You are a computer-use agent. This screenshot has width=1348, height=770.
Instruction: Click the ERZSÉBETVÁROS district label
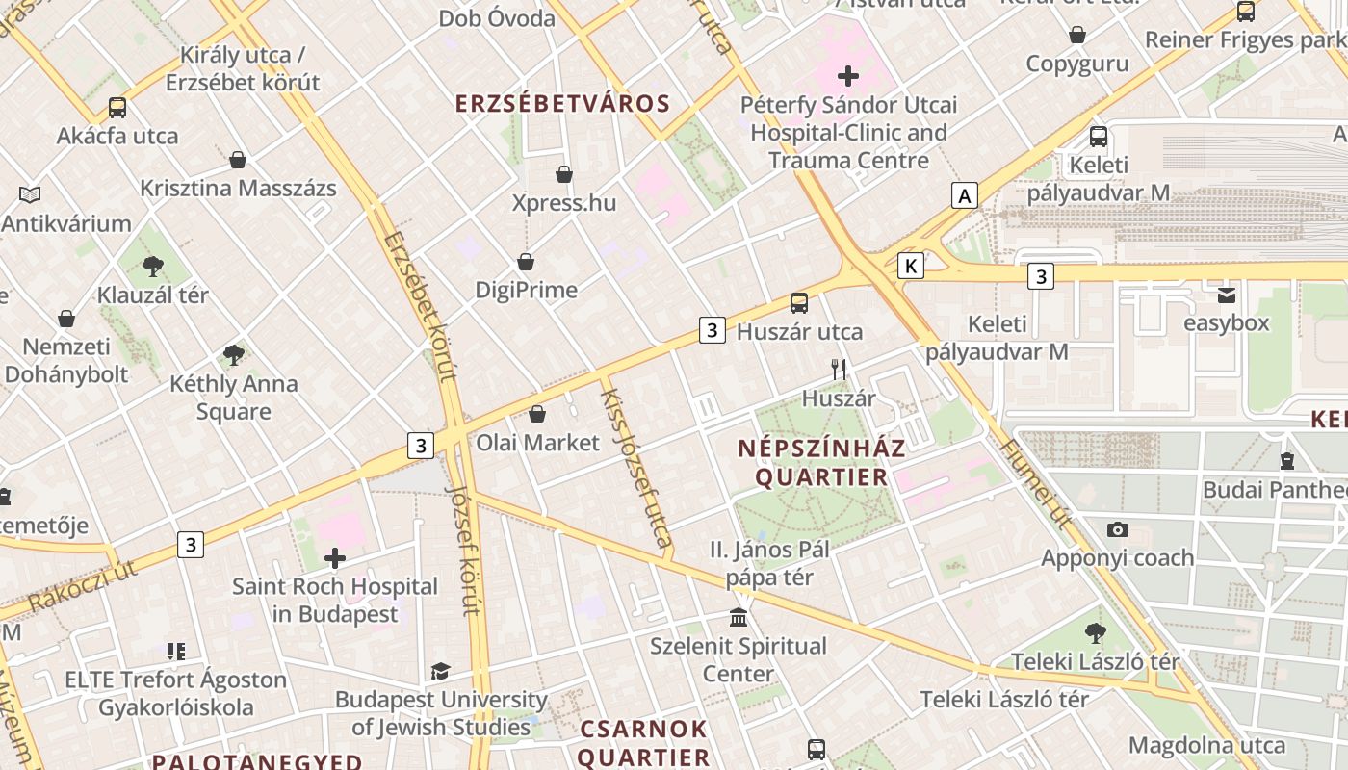click(x=561, y=104)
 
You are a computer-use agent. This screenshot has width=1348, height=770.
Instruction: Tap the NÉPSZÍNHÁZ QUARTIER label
click(x=821, y=462)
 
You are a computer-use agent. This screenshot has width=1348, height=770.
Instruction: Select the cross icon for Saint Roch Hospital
click(x=335, y=558)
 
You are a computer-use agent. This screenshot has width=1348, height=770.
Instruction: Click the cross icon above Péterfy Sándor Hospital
click(x=848, y=75)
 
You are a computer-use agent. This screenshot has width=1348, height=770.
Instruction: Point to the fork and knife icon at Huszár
click(x=839, y=369)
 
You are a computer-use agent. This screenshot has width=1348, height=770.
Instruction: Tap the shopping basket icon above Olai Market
click(x=537, y=414)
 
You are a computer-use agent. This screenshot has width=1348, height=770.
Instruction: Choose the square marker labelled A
click(x=964, y=196)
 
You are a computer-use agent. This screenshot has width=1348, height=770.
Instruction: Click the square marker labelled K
click(x=910, y=266)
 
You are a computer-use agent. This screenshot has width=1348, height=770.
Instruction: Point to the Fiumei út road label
click(x=1036, y=485)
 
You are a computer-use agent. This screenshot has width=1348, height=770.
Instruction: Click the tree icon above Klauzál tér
click(x=152, y=267)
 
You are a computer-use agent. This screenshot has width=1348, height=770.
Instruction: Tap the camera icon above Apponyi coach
click(x=1117, y=529)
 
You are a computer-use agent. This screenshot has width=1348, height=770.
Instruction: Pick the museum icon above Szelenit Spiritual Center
click(x=739, y=616)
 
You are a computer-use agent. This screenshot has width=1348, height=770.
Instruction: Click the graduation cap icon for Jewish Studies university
click(x=440, y=671)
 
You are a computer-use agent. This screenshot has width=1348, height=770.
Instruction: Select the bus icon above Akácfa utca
click(x=117, y=107)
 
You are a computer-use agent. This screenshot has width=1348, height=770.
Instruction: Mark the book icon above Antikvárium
click(x=30, y=195)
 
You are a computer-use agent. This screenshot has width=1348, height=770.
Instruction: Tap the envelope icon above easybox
click(x=1227, y=295)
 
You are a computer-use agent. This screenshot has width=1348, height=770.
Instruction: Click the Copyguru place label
click(x=1076, y=64)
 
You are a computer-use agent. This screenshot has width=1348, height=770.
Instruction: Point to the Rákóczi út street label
click(x=82, y=585)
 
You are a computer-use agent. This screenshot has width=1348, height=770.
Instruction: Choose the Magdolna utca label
click(x=1206, y=745)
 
